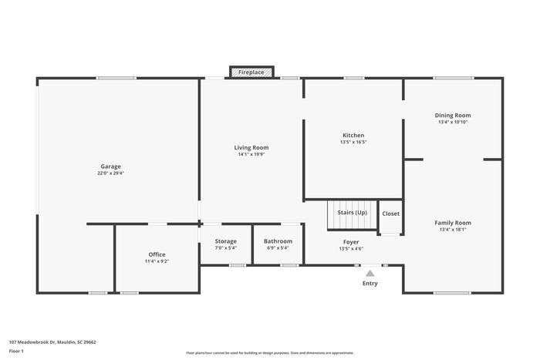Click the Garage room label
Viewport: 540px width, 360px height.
click(110, 167)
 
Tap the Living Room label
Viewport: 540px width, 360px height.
click(251, 147)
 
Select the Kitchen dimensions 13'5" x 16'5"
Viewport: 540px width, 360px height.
click(353, 142)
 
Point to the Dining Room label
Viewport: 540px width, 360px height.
click(453, 115)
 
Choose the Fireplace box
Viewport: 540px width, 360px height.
click(251, 72)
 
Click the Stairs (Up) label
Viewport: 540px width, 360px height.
click(353, 212)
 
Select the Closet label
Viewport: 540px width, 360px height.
click(391, 214)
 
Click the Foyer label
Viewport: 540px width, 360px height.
click(351, 242)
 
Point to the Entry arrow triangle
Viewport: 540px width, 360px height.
click(370, 273)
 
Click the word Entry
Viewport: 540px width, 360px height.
click(370, 284)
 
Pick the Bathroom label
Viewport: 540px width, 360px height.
click(277, 241)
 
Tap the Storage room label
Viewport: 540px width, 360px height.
click(226, 241)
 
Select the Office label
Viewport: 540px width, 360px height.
click(157, 254)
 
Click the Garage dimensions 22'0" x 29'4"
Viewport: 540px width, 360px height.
click(110, 173)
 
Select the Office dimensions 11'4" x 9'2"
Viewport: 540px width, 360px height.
click(157, 261)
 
